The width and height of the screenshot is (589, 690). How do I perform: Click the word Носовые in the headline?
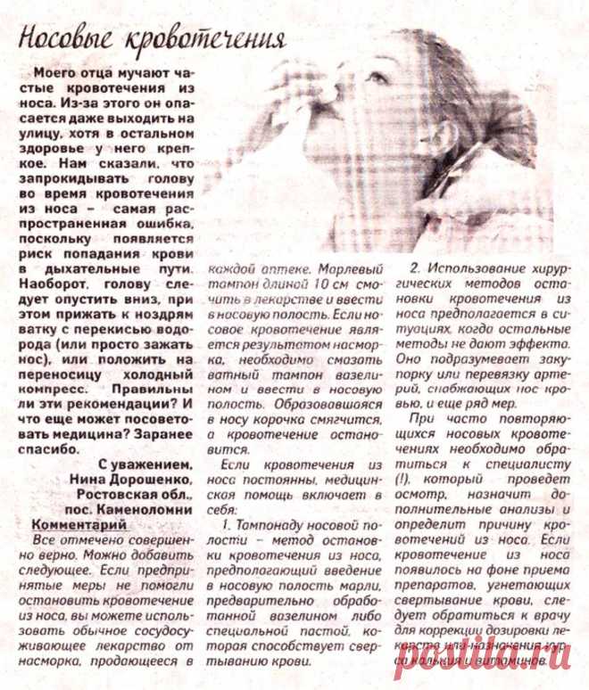coord(68,40)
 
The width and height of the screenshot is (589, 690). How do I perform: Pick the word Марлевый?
coord(341,267)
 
